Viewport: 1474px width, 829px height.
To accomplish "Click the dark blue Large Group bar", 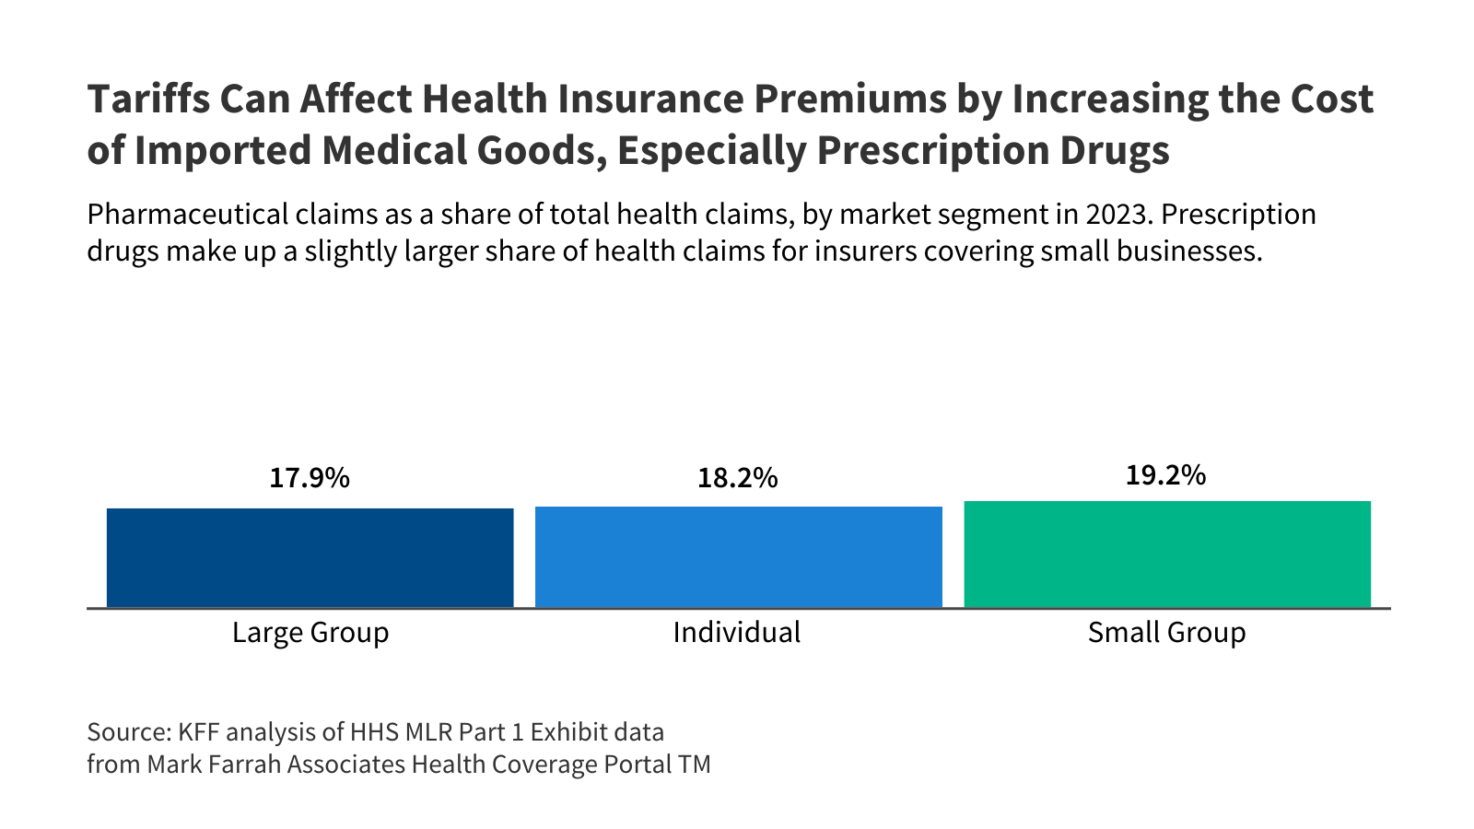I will click(x=310, y=557).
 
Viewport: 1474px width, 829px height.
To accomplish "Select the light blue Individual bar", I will click(x=738, y=556).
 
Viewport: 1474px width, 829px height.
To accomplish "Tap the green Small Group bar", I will click(x=1167, y=554).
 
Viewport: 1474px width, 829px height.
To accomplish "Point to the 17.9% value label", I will click(x=310, y=478).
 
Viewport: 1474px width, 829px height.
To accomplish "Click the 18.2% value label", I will click(x=738, y=478).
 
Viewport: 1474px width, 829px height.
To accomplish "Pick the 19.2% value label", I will click(x=1165, y=475).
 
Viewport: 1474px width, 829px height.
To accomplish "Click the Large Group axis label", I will click(x=310, y=633).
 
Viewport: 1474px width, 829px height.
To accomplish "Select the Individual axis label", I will click(x=737, y=633).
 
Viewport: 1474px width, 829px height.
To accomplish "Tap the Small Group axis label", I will click(x=1166, y=633).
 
